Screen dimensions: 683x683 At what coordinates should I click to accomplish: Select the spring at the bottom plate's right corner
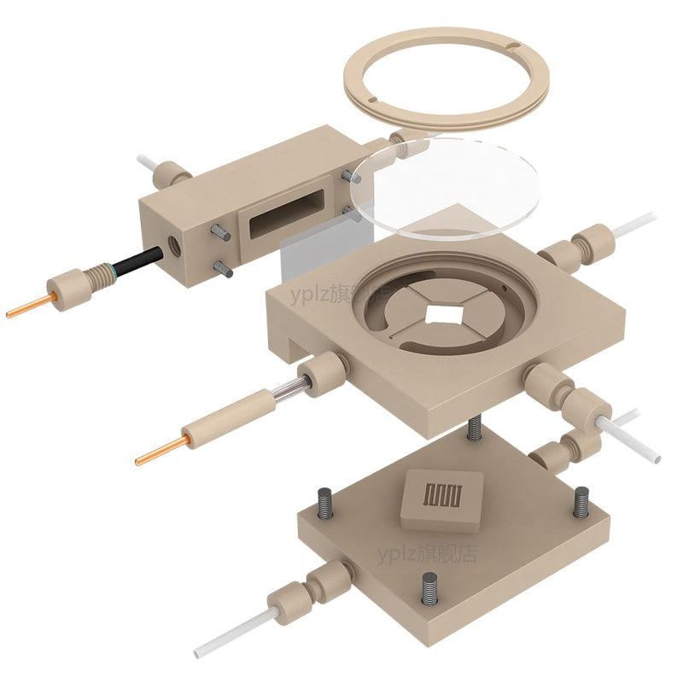[x=581, y=501]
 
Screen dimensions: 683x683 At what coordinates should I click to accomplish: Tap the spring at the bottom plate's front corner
[x=430, y=590]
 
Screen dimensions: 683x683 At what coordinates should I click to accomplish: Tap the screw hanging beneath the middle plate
[x=475, y=428]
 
